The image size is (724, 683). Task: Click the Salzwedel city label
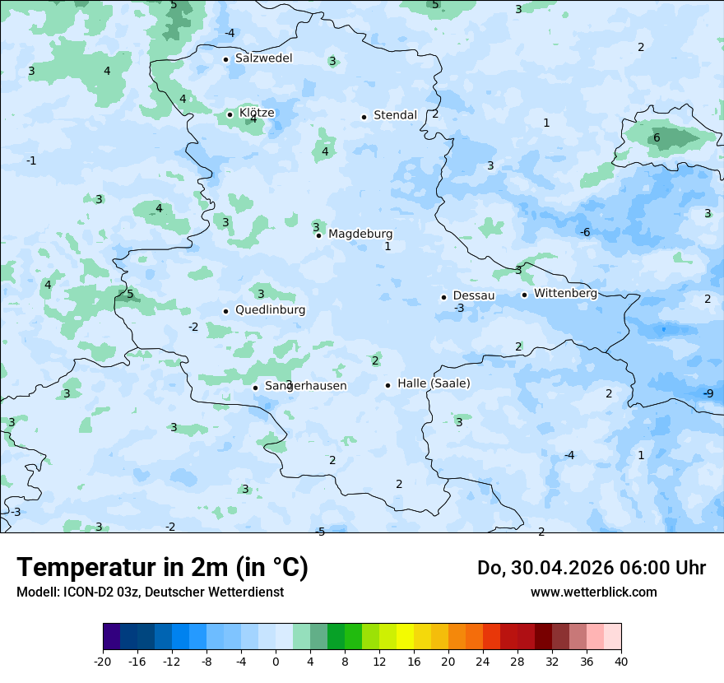click(x=263, y=58)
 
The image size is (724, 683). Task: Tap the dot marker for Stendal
click(x=364, y=117)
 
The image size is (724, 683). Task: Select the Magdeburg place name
click(x=360, y=235)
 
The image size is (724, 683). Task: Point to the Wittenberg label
click(x=565, y=294)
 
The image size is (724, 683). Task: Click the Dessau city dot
click(x=443, y=297)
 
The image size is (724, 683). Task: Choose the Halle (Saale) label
click(x=434, y=383)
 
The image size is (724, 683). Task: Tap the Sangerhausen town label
click(x=305, y=386)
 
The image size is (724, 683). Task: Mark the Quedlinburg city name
click(x=270, y=310)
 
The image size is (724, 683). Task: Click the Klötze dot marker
click(x=230, y=114)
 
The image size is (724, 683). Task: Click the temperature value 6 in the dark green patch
click(x=657, y=137)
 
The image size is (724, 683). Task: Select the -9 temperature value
click(x=708, y=393)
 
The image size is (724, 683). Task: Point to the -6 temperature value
click(x=585, y=233)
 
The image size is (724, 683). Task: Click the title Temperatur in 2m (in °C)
click(x=162, y=568)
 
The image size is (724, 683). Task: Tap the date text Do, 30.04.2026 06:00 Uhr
click(x=592, y=568)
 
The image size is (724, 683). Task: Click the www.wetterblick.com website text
click(x=593, y=592)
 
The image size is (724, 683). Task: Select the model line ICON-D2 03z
click(x=150, y=592)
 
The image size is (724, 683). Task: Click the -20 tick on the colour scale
click(x=103, y=661)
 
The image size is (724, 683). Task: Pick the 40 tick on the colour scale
click(x=620, y=661)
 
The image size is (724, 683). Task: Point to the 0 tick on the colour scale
click(x=276, y=661)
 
